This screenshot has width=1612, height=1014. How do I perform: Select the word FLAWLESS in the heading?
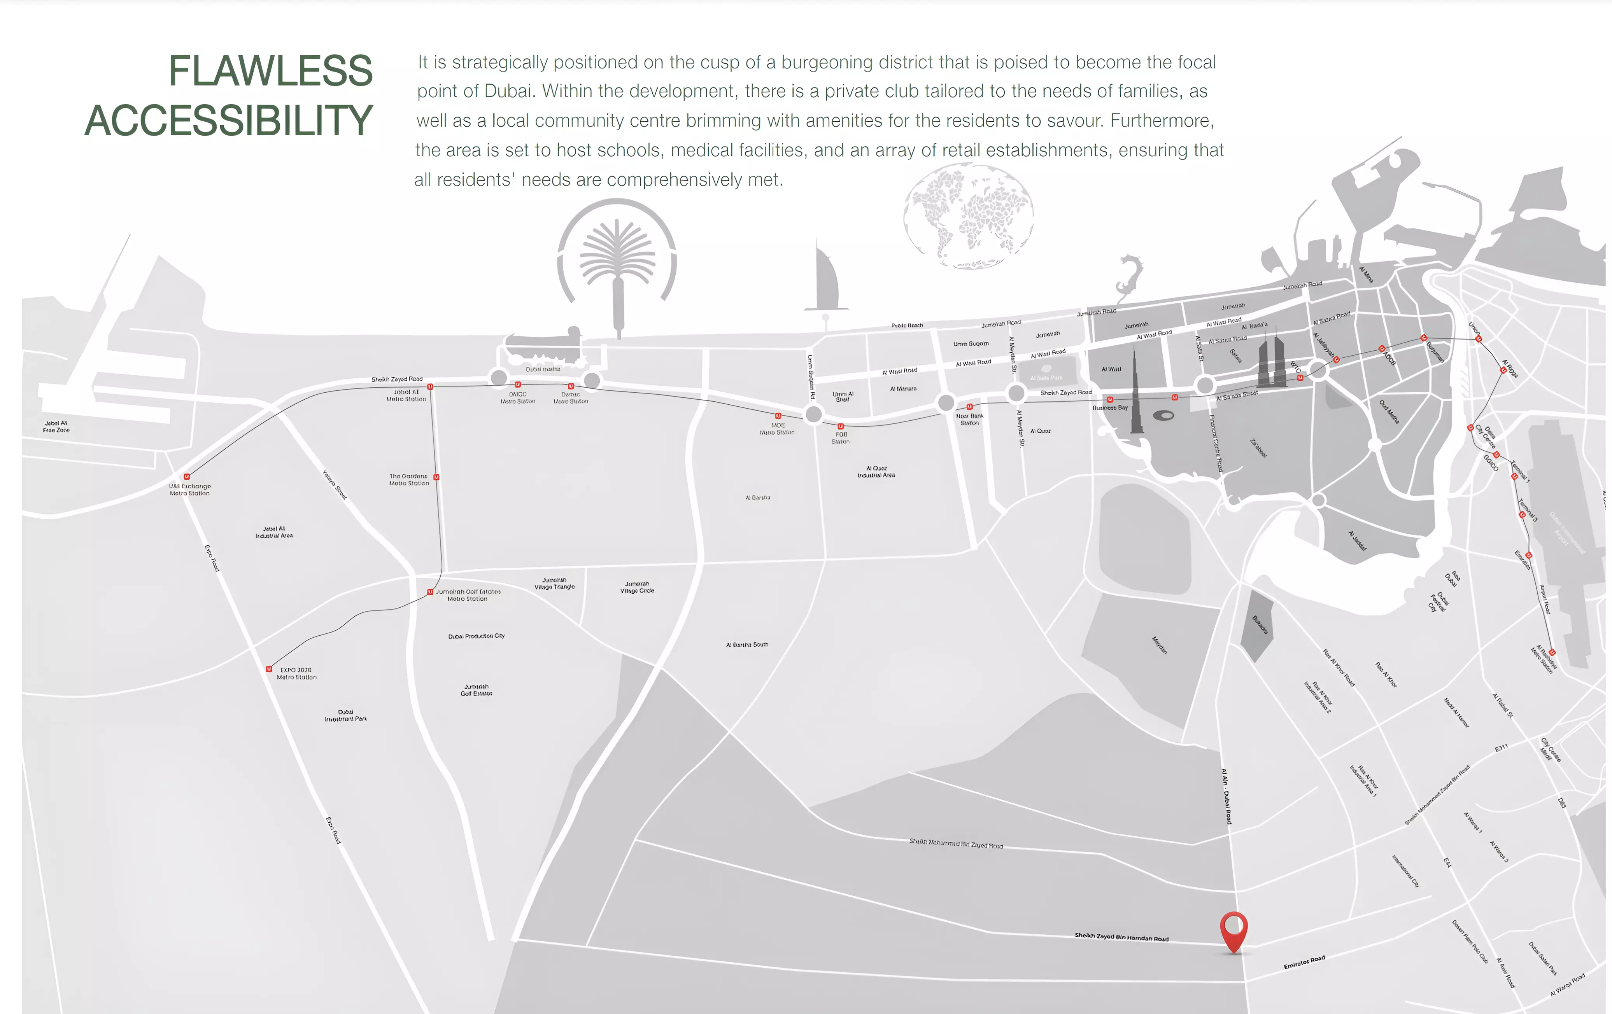coord(270,71)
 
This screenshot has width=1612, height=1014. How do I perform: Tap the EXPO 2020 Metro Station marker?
coord(269,669)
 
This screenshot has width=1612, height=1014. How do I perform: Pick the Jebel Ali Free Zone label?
coord(56,427)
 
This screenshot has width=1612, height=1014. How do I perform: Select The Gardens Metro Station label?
coord(408,479)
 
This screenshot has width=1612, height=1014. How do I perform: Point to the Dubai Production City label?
coord(476,636)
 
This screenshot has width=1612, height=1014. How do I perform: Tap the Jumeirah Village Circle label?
coord(637,587)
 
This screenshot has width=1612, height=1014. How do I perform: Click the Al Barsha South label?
coord(747,645)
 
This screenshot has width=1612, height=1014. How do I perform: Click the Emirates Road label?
coord(1304,962)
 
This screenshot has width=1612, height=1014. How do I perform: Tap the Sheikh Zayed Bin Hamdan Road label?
coord(1121,937)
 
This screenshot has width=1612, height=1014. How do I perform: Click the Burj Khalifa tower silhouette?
coord(1136,395)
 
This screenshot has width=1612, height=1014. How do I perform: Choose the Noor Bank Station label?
coord(969,420)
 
